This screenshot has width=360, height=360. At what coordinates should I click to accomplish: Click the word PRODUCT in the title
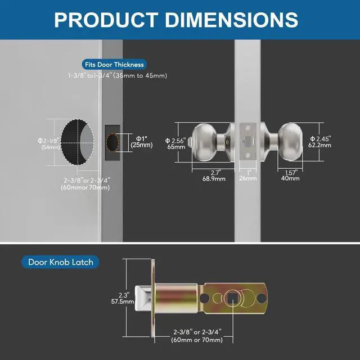(106, 20)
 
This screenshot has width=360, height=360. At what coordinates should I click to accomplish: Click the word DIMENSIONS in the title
(231, 20)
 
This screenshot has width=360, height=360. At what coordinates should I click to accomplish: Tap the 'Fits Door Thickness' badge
(114, 65)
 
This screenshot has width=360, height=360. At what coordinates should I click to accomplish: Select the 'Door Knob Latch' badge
(61, 262)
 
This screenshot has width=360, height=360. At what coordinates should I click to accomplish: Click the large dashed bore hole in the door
(78, 142)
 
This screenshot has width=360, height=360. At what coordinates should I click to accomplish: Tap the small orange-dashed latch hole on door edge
(112, 142)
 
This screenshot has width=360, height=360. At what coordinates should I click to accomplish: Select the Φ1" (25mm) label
(142, 142)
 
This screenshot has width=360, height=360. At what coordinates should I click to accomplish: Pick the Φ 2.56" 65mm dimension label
(176, 144)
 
